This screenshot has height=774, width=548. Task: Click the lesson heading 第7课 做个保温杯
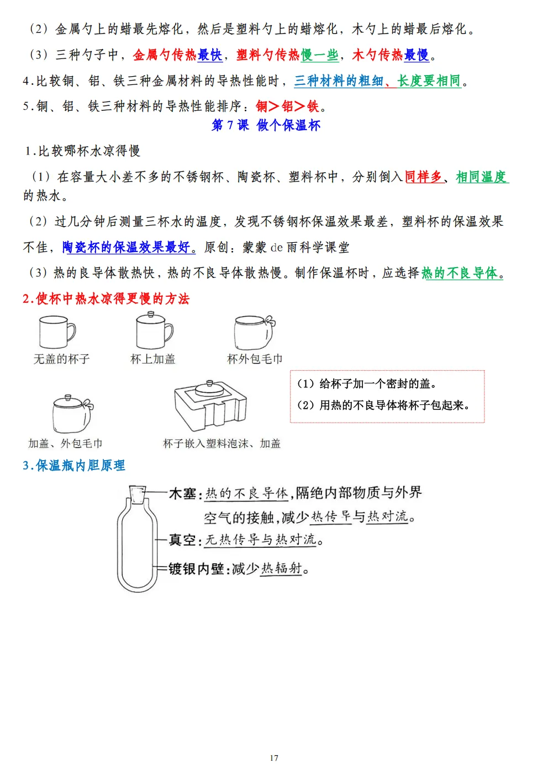pos(266,125)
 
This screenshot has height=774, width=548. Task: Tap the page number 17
pos(274,758)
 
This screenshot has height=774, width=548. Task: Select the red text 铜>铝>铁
pos(287,106)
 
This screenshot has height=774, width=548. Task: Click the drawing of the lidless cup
pos(56,332)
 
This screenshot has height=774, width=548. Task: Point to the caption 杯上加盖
pos(152,359)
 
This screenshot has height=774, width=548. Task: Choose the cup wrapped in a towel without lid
pos(254,332)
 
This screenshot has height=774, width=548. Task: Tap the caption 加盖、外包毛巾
pos(65,444)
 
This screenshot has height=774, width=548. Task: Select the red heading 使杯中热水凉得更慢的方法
pos(106,299)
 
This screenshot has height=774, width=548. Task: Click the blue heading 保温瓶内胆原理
pos(74,466)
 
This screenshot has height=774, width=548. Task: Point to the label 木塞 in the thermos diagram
pos(182,494)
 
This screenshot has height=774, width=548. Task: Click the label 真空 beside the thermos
pos(182,540)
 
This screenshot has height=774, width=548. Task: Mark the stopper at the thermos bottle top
pos(138,494)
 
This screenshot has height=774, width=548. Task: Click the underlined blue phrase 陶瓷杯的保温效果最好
pos(129,247)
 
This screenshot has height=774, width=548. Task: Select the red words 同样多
pos(424,177)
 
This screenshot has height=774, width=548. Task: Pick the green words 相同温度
pos(481,177)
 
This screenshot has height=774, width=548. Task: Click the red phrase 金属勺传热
pos(165,55)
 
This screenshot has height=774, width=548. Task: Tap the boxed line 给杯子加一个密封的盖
pos(367,384)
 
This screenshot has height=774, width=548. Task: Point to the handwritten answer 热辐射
pos(282,568)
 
